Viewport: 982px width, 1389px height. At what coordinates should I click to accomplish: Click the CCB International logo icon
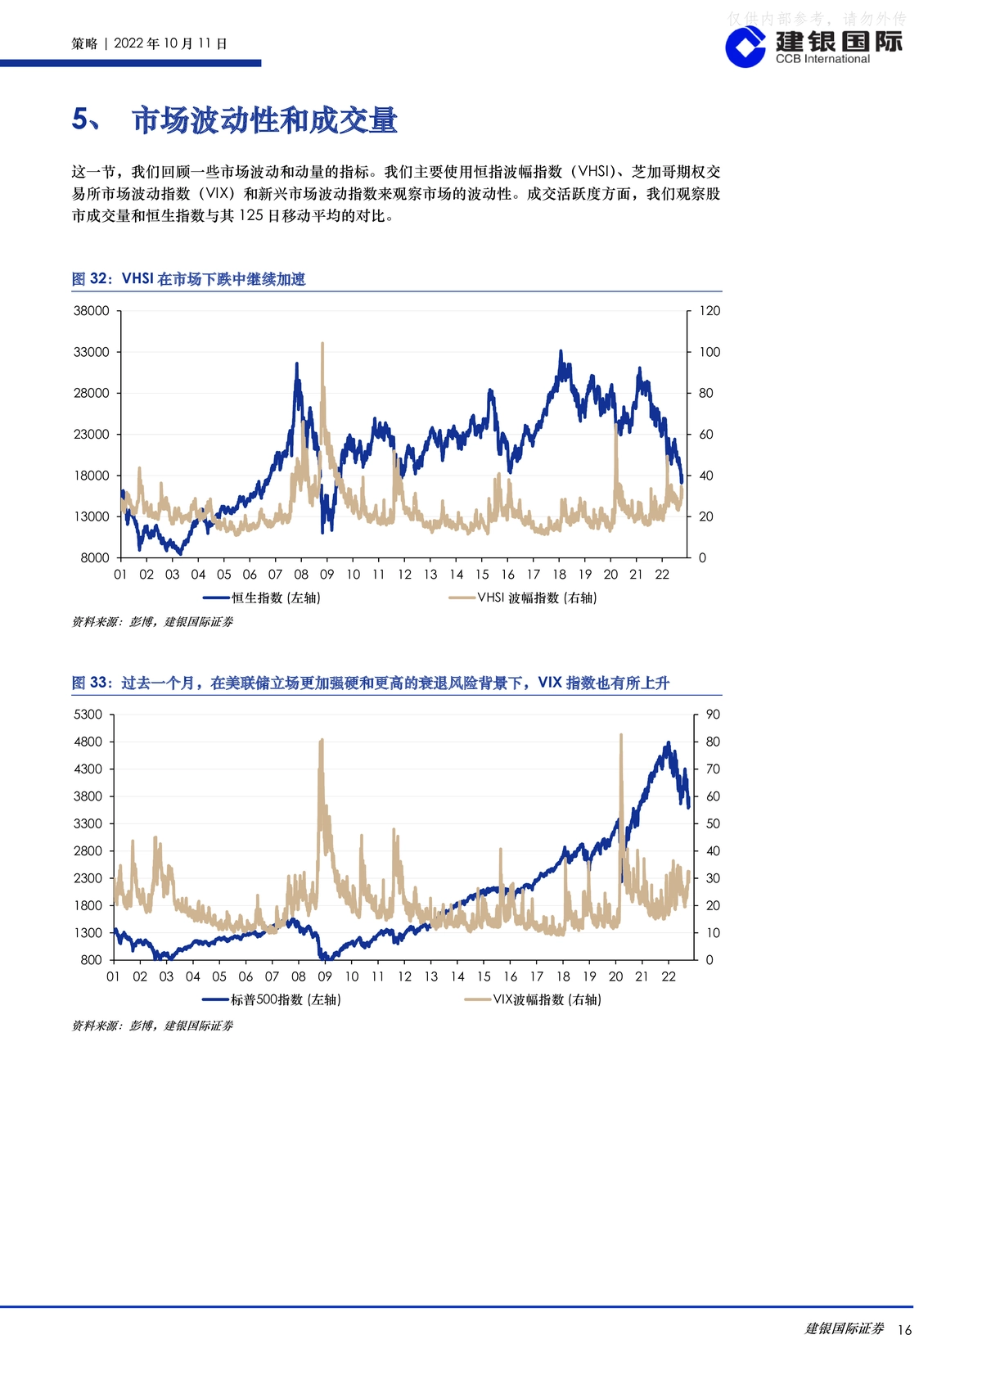[x=746, y=47]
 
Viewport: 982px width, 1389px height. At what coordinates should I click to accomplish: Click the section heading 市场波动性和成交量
[x=264, y=120]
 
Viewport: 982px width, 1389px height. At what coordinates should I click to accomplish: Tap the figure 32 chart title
[x=188, y=279]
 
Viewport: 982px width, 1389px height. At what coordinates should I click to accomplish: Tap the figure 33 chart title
[x=370, y=683]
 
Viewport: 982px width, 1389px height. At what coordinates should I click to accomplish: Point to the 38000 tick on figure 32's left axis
[x=92, y=311]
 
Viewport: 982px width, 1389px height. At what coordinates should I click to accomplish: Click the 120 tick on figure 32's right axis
[x=709, y=311]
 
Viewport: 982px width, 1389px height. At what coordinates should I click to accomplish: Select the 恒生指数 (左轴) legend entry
[x=262, y=598]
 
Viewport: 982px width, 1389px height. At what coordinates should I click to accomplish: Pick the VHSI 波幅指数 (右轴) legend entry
[x=523, y=598]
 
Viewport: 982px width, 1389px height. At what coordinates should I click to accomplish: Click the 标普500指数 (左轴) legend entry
[x=272, y=999]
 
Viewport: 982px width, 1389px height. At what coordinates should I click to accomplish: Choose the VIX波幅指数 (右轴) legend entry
[x=534, y=999]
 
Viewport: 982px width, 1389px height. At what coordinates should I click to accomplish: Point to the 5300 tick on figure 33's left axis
[x=88, y=715]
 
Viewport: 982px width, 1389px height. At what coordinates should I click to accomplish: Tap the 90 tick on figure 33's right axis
[x=713, y=715]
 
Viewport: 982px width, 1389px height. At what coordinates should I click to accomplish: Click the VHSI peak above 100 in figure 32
[x=322, y=344]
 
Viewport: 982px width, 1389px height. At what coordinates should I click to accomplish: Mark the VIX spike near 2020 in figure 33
[x=621, y=736]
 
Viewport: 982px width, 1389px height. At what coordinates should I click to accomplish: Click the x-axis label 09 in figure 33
[x=325, y=976]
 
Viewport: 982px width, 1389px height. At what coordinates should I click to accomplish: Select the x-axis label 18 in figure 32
[x=559, y=575]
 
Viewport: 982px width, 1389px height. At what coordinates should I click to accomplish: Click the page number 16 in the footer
[x=904, y=1329]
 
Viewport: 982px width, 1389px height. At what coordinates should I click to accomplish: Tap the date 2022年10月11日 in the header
[x=170, y=43]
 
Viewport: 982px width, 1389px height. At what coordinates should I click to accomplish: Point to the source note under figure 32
[x=152, y=622]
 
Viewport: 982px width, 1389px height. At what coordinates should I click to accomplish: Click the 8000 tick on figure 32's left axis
[x=95, y=557]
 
